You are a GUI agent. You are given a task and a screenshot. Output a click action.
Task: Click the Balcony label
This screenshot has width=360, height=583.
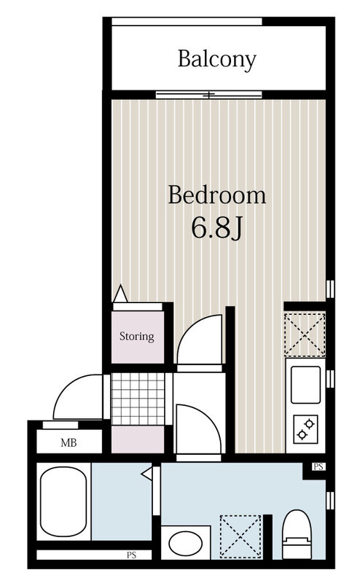click(217, 60)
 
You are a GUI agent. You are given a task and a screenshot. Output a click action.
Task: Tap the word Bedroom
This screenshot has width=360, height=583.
click(217, 195)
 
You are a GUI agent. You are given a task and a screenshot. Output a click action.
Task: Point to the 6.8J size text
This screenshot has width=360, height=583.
click(217, 228)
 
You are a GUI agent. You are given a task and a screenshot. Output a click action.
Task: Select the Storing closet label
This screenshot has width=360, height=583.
click(137, 336)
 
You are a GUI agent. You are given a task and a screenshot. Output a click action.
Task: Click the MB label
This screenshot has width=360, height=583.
click(69, 442)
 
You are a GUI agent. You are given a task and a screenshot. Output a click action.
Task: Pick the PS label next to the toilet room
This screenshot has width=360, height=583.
click(318, 466)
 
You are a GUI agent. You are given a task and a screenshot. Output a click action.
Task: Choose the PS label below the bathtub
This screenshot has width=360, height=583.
click(132, 555)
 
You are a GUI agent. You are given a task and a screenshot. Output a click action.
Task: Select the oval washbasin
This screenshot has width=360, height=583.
click(186, 543)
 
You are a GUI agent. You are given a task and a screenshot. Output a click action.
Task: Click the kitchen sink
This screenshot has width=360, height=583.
click(305, 385)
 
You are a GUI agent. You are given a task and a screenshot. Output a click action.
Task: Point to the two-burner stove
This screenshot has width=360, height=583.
click(305, 429)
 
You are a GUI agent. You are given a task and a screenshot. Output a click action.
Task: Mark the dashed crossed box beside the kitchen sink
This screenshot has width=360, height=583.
click(305, 335)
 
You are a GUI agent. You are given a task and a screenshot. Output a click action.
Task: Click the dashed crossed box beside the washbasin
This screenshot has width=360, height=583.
click(240, 536)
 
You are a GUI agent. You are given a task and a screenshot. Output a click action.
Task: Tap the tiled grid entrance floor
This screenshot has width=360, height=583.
click(138, 399)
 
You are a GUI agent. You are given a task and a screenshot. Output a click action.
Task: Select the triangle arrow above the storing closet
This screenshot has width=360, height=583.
click(120, 294)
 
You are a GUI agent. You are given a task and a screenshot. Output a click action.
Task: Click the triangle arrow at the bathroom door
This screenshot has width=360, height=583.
click(147, 474)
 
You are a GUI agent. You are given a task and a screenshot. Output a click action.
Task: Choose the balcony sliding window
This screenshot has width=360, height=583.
click(209, 95)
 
